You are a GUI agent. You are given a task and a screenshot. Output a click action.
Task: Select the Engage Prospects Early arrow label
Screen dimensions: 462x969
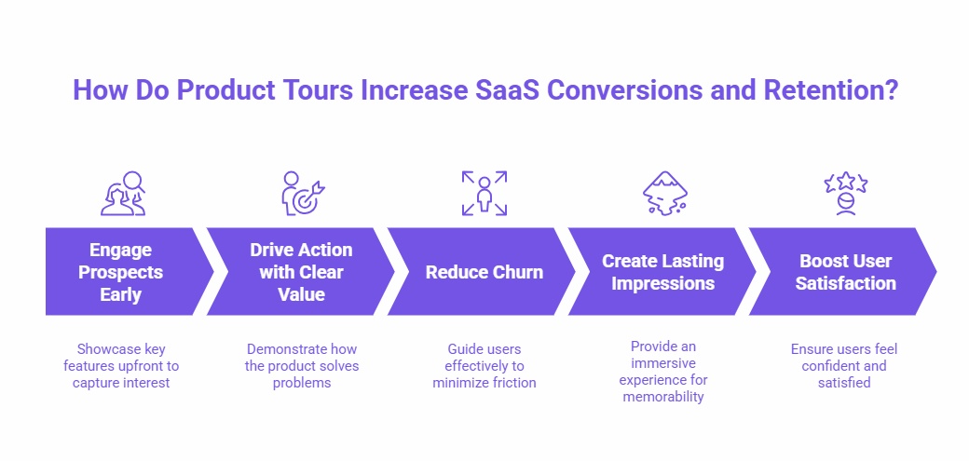120,272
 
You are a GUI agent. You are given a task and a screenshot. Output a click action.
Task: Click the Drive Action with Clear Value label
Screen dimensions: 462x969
301,272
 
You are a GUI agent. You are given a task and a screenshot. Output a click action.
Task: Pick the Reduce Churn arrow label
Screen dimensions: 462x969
484,272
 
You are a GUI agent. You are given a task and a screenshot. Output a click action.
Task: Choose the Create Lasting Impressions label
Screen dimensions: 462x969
662,272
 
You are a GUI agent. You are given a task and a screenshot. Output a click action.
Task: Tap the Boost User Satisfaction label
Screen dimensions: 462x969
844,272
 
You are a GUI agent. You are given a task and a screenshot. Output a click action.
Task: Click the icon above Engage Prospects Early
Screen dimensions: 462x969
122,193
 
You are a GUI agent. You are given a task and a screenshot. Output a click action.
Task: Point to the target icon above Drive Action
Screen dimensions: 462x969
302,193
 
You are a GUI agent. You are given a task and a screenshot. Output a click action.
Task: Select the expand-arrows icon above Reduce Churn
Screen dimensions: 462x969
484,193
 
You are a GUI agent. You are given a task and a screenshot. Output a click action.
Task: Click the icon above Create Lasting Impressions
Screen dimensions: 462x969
663,193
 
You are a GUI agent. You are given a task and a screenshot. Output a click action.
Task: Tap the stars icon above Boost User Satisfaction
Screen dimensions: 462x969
845,193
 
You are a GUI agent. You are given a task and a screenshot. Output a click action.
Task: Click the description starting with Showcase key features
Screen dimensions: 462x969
121,365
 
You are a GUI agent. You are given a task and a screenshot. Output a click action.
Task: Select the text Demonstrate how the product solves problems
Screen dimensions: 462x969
302,365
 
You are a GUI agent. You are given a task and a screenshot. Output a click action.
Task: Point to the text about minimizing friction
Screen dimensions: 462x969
484,365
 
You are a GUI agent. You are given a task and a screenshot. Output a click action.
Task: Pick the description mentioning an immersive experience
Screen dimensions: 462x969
663,371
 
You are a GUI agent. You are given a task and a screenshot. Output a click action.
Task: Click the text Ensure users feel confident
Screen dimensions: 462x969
844,365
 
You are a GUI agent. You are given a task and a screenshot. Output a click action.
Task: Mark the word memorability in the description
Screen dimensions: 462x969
663,397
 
